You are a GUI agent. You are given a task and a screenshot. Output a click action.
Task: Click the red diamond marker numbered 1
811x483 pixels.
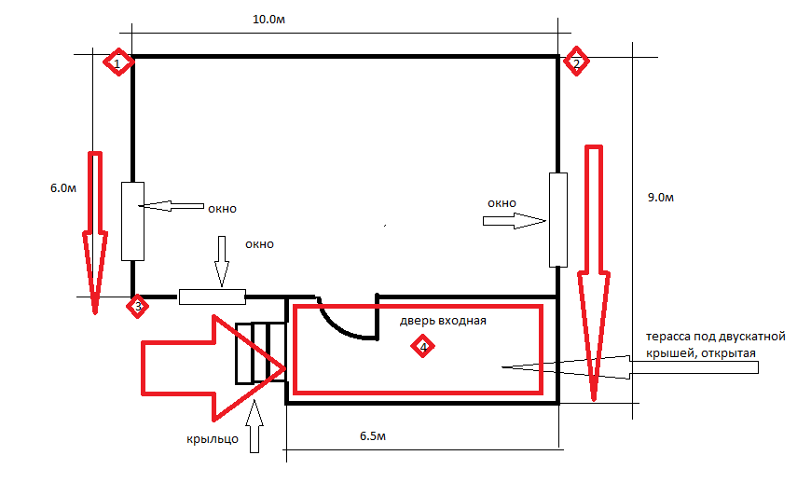(118, 62)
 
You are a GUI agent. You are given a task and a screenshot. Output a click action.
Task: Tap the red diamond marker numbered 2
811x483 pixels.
(576, 62)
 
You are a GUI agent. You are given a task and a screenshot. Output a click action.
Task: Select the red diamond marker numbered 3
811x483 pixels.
(138, 307)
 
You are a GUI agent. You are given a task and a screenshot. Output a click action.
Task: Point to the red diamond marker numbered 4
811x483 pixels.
(422, 346)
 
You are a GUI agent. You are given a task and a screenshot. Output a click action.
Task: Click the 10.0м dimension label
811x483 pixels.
(269, 20)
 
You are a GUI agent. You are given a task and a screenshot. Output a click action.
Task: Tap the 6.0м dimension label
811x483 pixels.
(63, 188)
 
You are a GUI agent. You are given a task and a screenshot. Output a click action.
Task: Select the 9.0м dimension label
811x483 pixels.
(661, 198)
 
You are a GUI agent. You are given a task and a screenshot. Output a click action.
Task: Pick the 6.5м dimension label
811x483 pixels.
(373, 436)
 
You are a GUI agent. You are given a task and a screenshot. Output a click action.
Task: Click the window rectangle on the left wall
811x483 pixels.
(133, 221)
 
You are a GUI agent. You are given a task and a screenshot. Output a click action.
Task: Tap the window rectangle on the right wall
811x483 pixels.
(558, 220)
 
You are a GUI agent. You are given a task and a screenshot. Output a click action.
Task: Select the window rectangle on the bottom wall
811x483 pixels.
(212, 297)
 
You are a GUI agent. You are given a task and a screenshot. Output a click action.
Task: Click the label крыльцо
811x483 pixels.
(213, 439)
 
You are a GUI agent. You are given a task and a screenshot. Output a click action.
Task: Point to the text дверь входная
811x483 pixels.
(443, 321)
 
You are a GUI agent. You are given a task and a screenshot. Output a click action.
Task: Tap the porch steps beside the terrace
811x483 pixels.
(261, 353)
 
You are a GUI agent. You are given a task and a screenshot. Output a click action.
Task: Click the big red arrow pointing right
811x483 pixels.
(213, 368)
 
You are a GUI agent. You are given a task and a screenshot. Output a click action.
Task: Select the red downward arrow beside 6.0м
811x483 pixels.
(95, 233)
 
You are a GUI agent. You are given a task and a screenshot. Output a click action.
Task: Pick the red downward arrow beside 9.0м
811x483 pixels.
(594, 273)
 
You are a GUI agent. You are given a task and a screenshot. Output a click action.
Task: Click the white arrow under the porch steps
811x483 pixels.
(254, 427)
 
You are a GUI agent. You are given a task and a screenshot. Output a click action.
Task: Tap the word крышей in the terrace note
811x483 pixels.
(668, 353)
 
